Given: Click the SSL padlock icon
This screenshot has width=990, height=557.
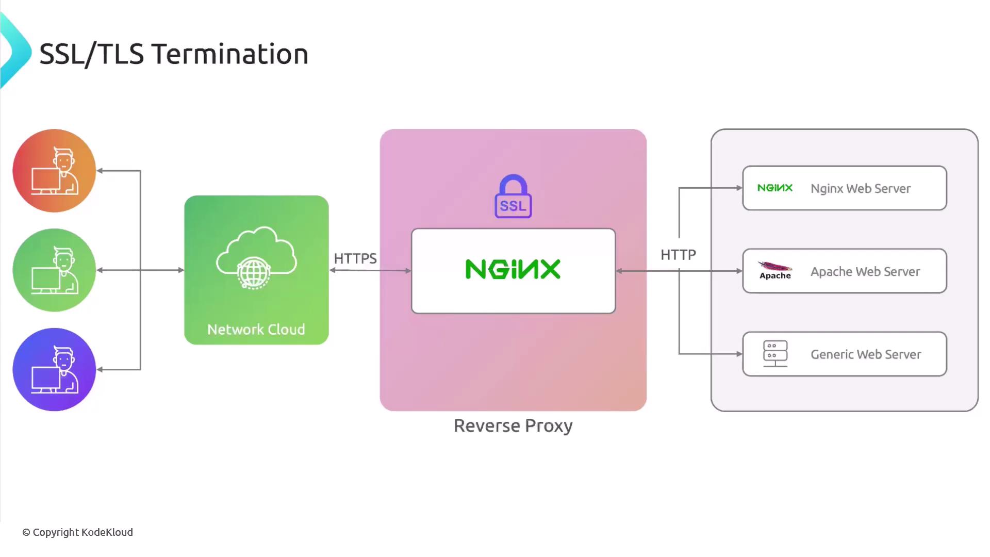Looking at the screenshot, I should click(x=513, y=196).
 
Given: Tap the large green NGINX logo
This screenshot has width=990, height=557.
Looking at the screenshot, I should click(x=513, y=269).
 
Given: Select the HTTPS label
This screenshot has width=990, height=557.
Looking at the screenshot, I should click(x=355, y=258).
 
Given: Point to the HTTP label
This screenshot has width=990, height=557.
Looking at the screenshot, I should click(x=678, y=255).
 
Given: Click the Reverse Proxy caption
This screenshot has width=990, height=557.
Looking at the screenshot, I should click(x=513, y=426).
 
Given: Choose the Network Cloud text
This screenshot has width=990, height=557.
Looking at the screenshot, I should click(x=256, y=330).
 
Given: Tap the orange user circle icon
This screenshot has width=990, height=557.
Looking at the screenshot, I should click(x=54, y=171).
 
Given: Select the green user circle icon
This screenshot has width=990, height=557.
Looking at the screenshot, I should click(x=54, y=270).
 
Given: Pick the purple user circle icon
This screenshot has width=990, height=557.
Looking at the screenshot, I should click(x=54, y=370).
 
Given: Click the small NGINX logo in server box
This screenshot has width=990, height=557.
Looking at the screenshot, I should click(x=775, y=188).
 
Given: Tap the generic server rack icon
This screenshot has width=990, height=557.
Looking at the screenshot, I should click(x=775, y=354).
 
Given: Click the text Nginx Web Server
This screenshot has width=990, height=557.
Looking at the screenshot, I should click(x=861, y=189).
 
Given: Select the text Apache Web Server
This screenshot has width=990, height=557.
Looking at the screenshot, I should click(x=865, y=272).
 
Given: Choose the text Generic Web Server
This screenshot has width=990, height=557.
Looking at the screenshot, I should click(x=866, y=355).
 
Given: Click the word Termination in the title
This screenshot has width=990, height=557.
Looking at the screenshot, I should click(x=230, y=54).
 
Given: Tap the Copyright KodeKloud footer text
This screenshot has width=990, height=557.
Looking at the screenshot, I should click(x=78, y=532).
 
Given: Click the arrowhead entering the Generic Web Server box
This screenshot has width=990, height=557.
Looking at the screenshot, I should click(x=739, y=354).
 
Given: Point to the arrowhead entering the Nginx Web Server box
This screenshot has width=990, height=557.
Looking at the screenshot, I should click(x=739, y=188).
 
